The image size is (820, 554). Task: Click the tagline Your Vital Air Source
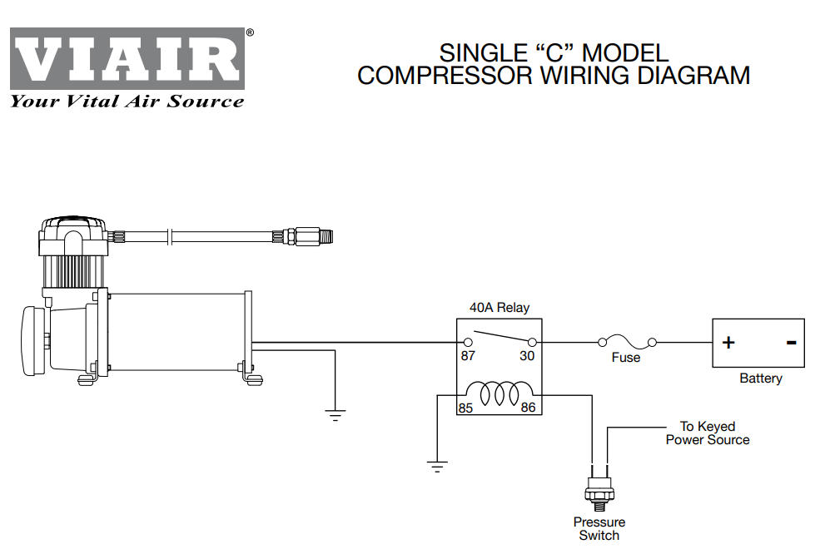pyautogui.click(x=127, y=101)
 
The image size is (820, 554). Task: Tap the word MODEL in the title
pyautogui.click(x=625, y=52)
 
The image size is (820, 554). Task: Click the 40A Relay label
pyautogui.click(x=499, y=308)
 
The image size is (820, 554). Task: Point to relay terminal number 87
pyautogui.click(x=470, y=356)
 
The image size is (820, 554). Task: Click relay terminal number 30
pyautogui.click(x=527, y=356)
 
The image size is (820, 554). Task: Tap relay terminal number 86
pyautogui.click(x=528, y=408)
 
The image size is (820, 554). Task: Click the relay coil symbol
pyautogui.click(x=499, y=393)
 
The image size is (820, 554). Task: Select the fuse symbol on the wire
pyautogui.click(x=625, y=341)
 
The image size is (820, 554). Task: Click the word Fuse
pyautogui.click(x=626, y=358)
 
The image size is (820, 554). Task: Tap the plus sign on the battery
pyautogui.click(x=728, y=343)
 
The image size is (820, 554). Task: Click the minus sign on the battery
pyautogui.click(x=791, y=342)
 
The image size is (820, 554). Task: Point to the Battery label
pyautogui.click(x=761, y=378)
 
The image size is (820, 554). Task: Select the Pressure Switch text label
pyautogui.click(x=599, y=529)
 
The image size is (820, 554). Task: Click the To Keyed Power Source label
pyautogui.click(x=708, y=433)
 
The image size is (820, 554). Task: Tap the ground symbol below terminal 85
pyautogui.click(x=436, y=465)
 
